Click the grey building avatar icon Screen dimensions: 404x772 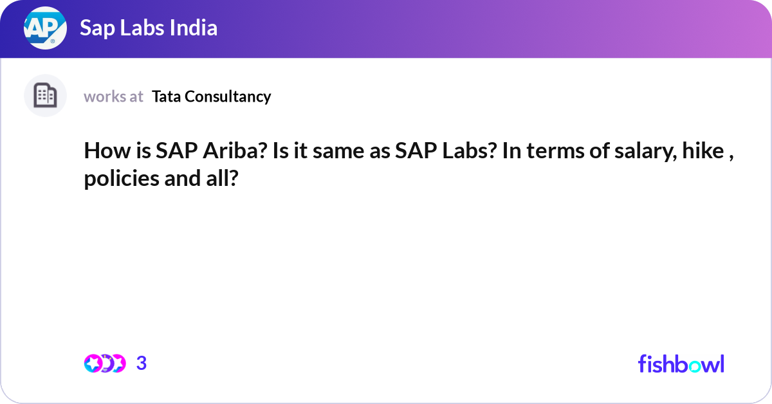tap(45, 96)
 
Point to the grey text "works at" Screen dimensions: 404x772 tap(113, 96)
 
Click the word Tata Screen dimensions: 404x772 tap(166, 96)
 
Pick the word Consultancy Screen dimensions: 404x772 tap(228, 96)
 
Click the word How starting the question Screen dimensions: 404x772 tap(103, 152)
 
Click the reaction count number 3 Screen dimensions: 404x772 tap(142, 363)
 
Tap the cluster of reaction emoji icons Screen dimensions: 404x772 tap(104, 363)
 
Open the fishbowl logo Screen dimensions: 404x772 tap(681, 363)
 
